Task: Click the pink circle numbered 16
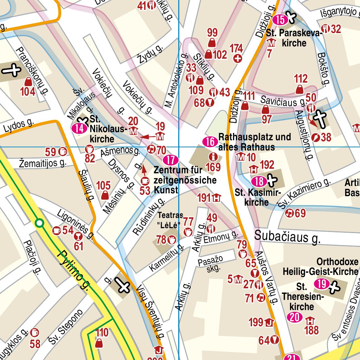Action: click(x=210, y=142)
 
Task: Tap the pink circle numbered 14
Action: click(x=79, y=128)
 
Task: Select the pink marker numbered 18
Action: click(x=259, y=182)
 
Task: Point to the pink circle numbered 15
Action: click(x=280, y=20)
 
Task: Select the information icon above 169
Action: click(x=212, y=157)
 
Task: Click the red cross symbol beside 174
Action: click(x=238, y=58)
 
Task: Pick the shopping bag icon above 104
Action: click(x=28, y=82)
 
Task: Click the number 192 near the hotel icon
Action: click(x=267, y=165)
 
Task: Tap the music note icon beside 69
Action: click(x=289, y=213)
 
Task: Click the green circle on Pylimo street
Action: click(x=40, y=223)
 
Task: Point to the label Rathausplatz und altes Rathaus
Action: click(x=255, y=142)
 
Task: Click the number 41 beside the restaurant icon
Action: click(x=142, y=6)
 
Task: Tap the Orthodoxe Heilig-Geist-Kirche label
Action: click(x=320, y=266)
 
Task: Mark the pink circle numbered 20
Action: click(x=295, y=318)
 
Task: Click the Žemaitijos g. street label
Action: click(x=43, y=163)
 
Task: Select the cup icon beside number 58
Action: click(x=34, y=332)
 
